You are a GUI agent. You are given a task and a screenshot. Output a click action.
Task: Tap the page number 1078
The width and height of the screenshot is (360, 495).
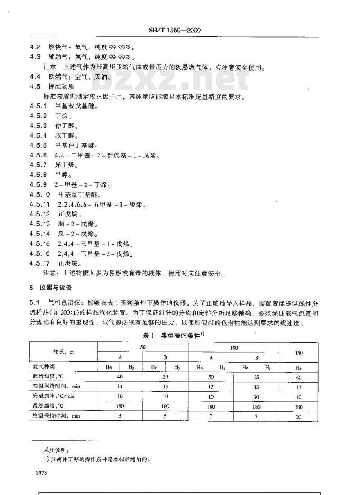click(40, 473)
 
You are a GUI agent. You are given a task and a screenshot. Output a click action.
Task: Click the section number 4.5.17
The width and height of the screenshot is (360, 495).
click(40, 263)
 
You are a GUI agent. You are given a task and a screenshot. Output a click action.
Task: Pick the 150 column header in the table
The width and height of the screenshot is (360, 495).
click(298, 353)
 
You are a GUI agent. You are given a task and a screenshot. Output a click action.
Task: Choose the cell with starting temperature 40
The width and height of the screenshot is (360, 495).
click(120, 377)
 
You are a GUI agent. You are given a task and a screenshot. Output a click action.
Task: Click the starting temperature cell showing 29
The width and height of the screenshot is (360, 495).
click(165, 377)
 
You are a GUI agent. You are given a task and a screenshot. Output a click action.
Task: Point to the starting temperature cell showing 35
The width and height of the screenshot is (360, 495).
click(256, 377)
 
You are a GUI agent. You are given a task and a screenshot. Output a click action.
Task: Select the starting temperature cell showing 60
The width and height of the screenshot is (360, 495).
click(298, 377)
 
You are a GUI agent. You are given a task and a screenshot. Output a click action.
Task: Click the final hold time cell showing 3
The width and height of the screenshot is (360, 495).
click(120, 416)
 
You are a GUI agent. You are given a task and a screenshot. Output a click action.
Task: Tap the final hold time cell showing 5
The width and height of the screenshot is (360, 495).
click(165, 416)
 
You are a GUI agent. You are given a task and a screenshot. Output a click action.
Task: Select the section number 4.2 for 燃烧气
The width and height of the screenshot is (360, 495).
click(35, 47)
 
